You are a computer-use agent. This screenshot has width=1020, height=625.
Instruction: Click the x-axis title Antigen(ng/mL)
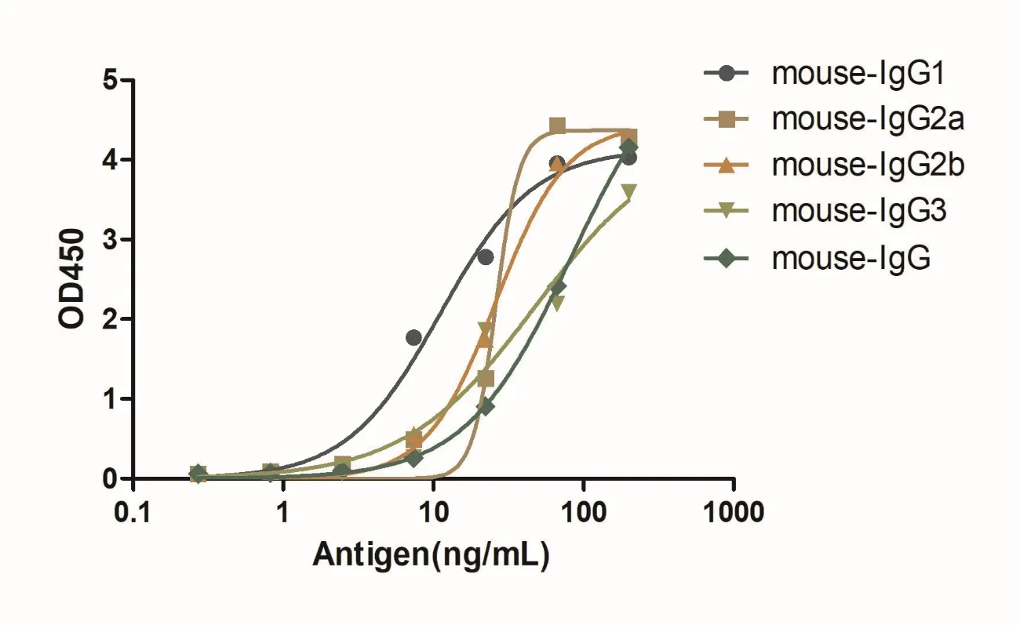tap(431, 554)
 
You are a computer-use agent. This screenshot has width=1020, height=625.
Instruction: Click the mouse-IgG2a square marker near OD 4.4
tap(557, 125)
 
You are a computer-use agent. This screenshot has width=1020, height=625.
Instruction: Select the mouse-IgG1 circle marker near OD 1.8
tap(413, 337)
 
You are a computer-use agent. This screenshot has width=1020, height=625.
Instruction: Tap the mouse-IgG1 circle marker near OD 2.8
tap(485, 256)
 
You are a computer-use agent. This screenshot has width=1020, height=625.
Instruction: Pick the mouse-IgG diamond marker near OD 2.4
tap(558, 288)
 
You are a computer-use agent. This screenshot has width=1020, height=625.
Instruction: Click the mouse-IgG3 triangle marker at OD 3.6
tap(628, 191)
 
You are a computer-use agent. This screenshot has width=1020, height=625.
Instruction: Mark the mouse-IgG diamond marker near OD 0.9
tap(486, 406)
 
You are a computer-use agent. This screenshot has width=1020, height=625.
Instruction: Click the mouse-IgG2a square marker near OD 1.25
tap(486, 379)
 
